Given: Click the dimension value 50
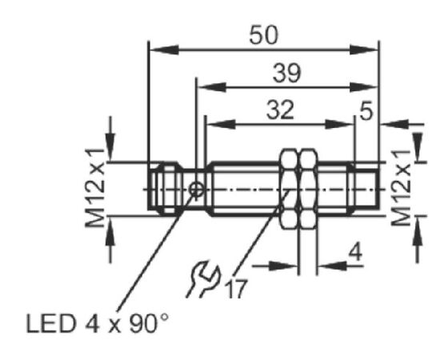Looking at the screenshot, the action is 264,35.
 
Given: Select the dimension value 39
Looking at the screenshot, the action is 286,73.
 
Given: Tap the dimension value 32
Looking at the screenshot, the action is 280,110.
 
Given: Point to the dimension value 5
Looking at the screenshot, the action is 366,110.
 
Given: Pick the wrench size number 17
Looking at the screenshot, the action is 237,289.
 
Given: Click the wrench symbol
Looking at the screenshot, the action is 203,279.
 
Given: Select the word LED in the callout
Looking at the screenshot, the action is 51,323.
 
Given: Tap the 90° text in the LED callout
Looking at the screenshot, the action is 150,322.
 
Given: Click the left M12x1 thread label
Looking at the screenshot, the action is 95,188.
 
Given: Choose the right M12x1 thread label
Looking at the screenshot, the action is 402,188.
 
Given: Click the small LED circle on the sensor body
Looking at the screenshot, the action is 197,190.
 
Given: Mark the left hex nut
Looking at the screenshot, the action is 288,189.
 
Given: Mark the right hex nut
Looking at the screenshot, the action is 308,189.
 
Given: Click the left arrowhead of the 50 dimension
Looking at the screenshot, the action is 164,50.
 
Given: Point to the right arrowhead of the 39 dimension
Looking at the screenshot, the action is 364,87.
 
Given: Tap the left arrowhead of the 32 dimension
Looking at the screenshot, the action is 221,125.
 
